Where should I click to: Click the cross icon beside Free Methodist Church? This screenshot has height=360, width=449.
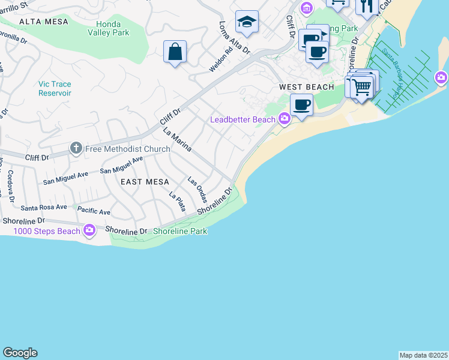pyautogui.click(x=76, y=148)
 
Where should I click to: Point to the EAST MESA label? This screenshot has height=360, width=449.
pyautogui.click(x=145, y=181)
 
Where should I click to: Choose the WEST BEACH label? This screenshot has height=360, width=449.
pyautogui.click(x=306, y=87)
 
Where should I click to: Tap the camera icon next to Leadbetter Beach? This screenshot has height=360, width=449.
pyautogui.click(x=284, y=119)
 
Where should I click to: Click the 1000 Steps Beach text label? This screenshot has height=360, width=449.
pyautogui.click(x=47, y=231)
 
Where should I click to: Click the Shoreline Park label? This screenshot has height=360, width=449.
pyautogui.click(x=180, y=231)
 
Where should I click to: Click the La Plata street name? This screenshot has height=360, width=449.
pyautogui.click(x=177, y=202)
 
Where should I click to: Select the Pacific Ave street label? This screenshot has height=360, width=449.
pyautogui.click(x=94, y=212)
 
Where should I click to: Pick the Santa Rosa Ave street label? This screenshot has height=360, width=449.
pyautogui.click(x=44, y=207)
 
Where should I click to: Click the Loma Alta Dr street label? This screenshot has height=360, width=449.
pyautogui.click(x=234, y=38)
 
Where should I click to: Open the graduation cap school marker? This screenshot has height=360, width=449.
pyautogui.click(x=247, y=22)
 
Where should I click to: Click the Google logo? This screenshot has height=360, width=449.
pyautogui.click(x=20, y=353)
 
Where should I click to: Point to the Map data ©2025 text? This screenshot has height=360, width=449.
pyautogui.click(x=423, y=355)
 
